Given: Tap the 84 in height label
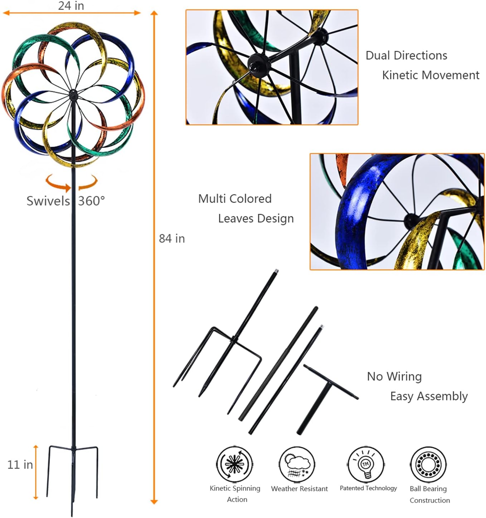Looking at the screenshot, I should coord(172,238).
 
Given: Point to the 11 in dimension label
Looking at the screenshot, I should coord(20,464).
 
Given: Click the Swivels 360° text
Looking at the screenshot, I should coord(66,201).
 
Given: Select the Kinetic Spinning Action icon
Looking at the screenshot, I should coord(234,464).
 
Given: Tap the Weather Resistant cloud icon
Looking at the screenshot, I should coord(297,464).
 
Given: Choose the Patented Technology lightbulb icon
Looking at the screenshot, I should coord(365,464).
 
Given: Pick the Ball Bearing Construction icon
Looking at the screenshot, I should coord(428,464).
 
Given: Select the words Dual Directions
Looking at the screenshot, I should coord(406,55).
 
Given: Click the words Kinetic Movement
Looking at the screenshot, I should coord(431,75).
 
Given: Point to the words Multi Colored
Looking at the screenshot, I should coord(235,199).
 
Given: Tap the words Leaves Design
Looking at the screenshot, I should coord(256,218).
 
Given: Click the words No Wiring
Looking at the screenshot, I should coord(394,376).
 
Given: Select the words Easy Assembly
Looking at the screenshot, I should coord(429,396).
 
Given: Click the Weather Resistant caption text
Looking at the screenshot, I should coord(299,489).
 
